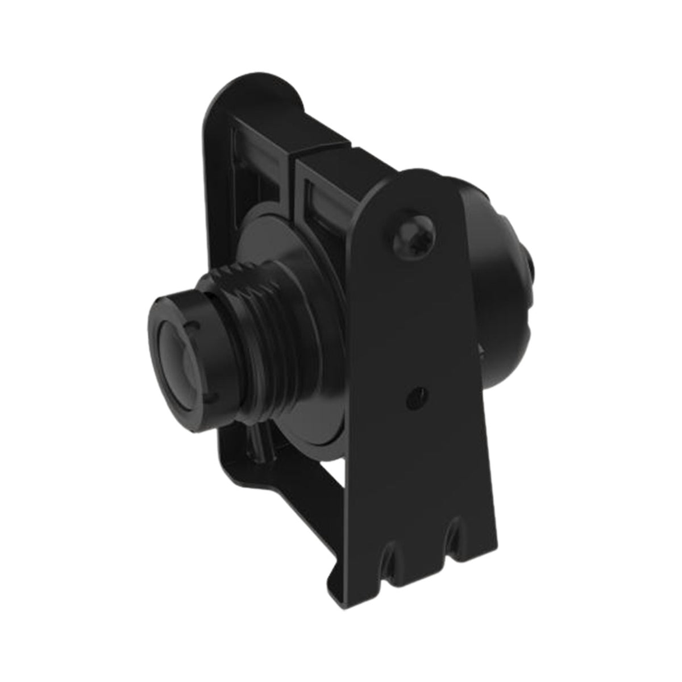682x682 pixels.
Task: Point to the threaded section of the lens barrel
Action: tap(259, 318)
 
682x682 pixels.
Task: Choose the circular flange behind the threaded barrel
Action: tap(278, 256)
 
